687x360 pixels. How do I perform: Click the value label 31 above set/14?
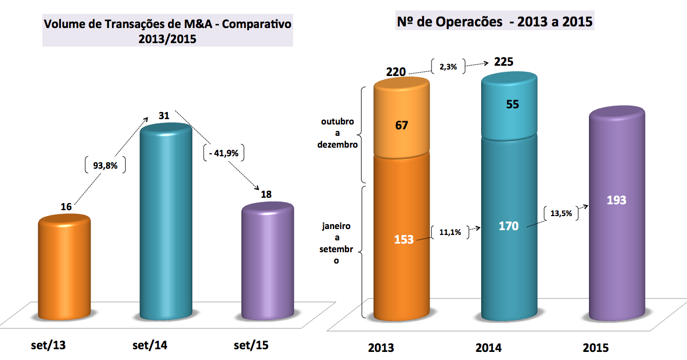click(164, 115)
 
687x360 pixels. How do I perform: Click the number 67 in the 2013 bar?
click(401, 126)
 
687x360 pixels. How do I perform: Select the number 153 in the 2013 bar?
click(403, 239)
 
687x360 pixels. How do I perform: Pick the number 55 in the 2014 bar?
click(512, 105)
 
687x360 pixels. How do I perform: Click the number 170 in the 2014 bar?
click(508, 226)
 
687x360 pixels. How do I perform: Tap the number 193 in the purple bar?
click(616, 200)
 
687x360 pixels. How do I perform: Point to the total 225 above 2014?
click(504, 62)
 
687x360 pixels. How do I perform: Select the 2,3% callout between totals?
click(448, 67)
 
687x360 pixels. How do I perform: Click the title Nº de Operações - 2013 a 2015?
click(495, 22)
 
